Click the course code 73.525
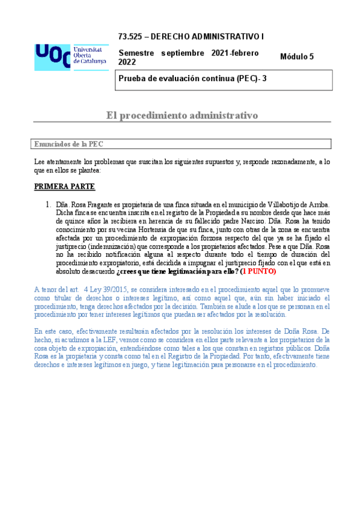tap(130, 37)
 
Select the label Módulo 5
tap(296, 57)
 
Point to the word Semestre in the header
tap(136, 53)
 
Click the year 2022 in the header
tap(127, 63)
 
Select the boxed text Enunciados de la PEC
tap(69, 144)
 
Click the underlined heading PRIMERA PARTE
tap(61, 186)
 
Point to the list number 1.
tap(48, 205)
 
